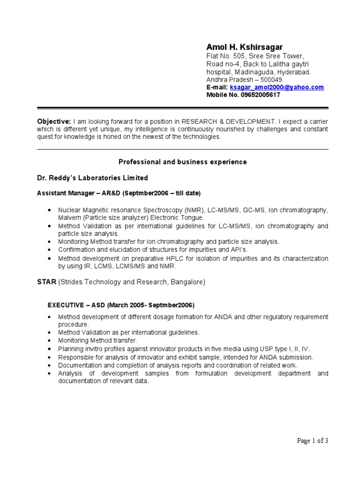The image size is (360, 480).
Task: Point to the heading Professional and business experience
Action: pyautogui.click(x=182, y=162)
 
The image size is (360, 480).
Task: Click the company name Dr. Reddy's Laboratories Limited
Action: pyautogui.click(x=92, y=178)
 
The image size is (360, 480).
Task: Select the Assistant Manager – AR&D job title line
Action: pyautogui.click(x=119, y=193)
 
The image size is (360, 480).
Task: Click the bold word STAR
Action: pyautogui.click(x=46, y=282)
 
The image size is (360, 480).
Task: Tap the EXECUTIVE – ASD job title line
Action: pyautogui.click(x=121, y=305)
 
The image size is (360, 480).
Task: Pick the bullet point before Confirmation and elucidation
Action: pyautogui.click(x=50, y=250)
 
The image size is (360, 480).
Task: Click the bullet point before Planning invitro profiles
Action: pyautogui.click(x=50, y=349)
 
